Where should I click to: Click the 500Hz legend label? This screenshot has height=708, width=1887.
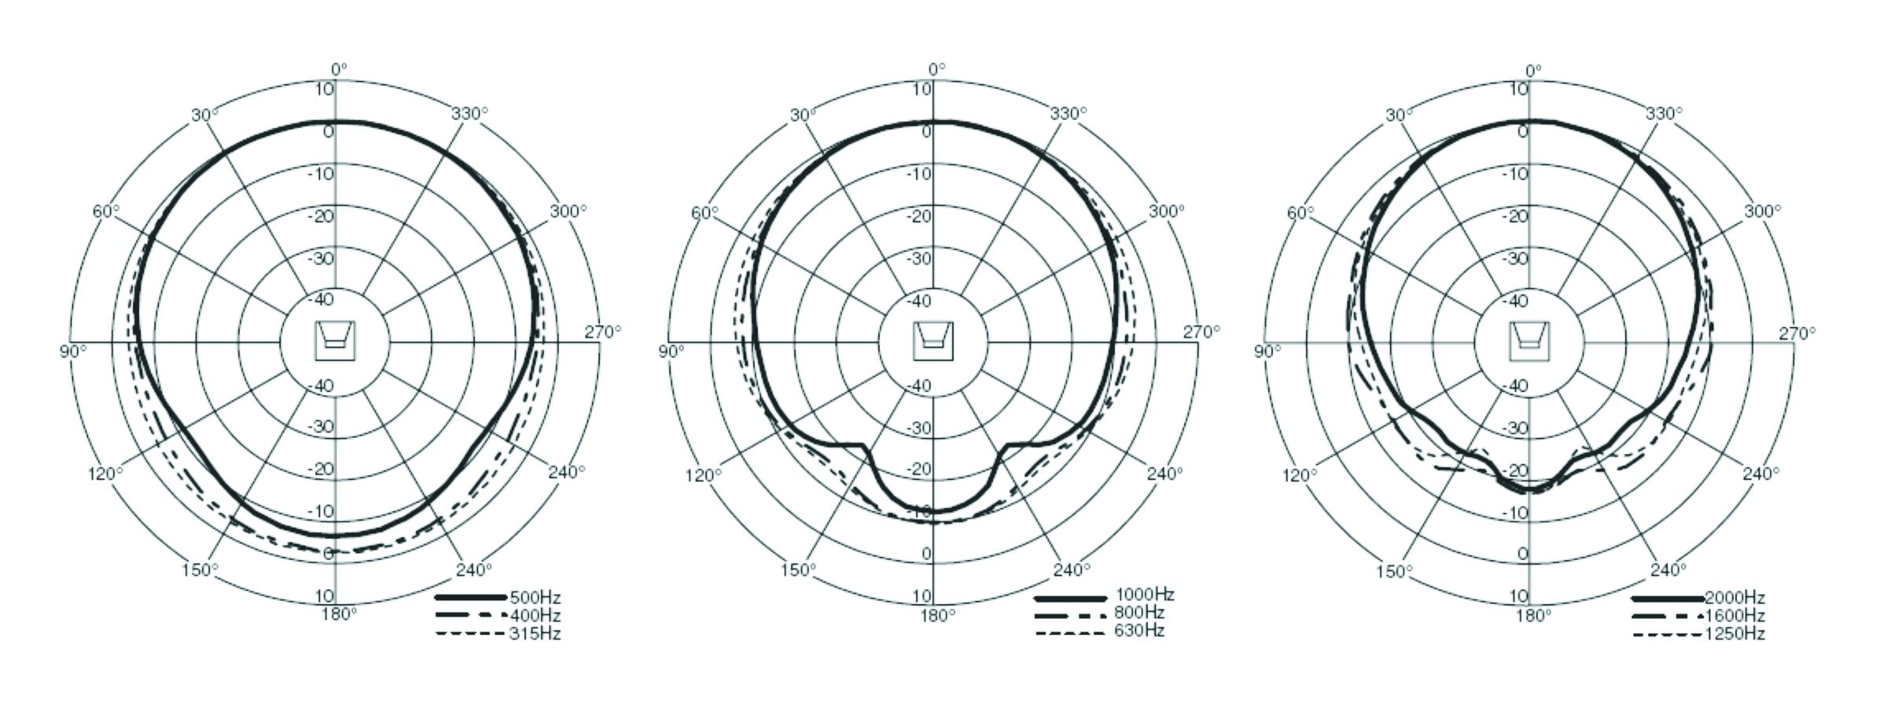click(535, 598)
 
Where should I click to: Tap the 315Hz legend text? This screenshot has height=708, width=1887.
click(535, 634)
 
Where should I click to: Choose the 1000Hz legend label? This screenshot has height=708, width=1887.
click(1145, 595)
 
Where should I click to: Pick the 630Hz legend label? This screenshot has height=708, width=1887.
click(1139, 631)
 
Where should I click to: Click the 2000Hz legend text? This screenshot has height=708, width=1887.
click(1734, 598)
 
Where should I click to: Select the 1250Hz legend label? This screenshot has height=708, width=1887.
click(1734, 634)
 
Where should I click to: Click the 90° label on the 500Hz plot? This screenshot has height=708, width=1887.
click(72, 351)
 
